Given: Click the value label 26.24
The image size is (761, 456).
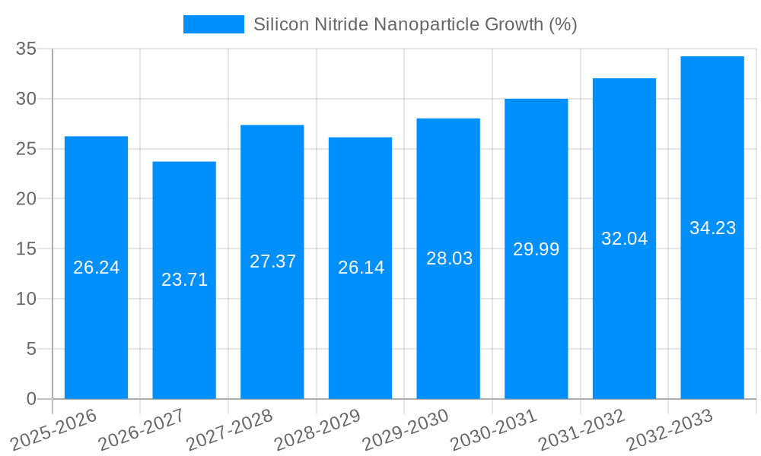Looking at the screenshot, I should pos(96,268).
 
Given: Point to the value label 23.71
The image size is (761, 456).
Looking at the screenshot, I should pos(184,280).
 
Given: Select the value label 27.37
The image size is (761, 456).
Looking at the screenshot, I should pos(272,261).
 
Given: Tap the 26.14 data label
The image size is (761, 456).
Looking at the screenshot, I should pos(361,268).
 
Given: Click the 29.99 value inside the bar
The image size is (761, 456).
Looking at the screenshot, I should pos(536,249).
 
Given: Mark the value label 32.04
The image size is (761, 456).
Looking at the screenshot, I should pos(624,239).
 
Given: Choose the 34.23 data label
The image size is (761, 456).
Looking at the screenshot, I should pos(712,228).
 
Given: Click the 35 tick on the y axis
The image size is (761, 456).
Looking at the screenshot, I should pos(26,49).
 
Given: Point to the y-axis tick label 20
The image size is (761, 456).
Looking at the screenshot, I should pos(26,199).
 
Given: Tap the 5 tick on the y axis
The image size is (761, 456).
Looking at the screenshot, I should pos(31,349).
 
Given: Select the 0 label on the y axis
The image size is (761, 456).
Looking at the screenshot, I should pos(31,399).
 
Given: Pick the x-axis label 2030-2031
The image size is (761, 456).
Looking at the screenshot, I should pos(494,429).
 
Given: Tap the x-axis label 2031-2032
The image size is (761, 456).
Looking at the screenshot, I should pos(582,429).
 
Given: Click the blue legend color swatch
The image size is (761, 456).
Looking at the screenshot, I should pos(213,24).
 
